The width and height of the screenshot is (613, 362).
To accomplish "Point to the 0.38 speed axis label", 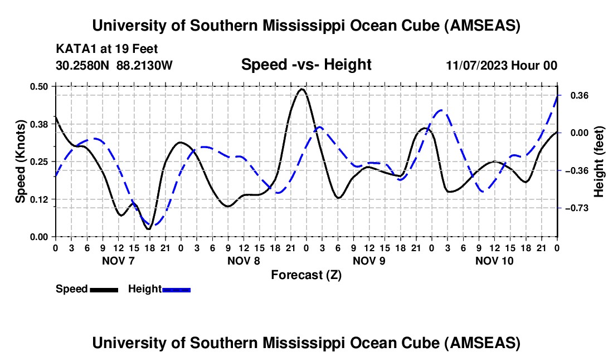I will (41, 124).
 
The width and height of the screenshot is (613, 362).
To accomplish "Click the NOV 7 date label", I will (118, 261).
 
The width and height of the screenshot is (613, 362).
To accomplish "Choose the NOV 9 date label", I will (369, 261).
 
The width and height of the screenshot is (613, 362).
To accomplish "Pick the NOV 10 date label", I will (494, 261).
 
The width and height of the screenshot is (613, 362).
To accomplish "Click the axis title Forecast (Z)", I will (306, 275).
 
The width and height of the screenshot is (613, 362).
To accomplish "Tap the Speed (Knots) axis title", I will (21, 162).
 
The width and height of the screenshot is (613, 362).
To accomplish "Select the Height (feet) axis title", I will (600, 162).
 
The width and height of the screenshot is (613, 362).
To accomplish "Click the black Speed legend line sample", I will (104, 290).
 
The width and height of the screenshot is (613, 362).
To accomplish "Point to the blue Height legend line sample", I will (176, 290).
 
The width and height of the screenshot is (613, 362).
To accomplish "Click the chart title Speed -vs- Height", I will (306, 65).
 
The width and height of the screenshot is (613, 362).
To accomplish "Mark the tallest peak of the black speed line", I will (302, 89).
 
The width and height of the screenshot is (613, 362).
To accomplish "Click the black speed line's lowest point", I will (149, 229).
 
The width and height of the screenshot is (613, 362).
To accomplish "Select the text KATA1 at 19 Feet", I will (107, 49).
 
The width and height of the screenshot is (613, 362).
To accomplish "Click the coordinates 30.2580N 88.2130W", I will (114, 66).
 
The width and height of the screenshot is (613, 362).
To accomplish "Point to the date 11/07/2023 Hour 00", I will (502, 66).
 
